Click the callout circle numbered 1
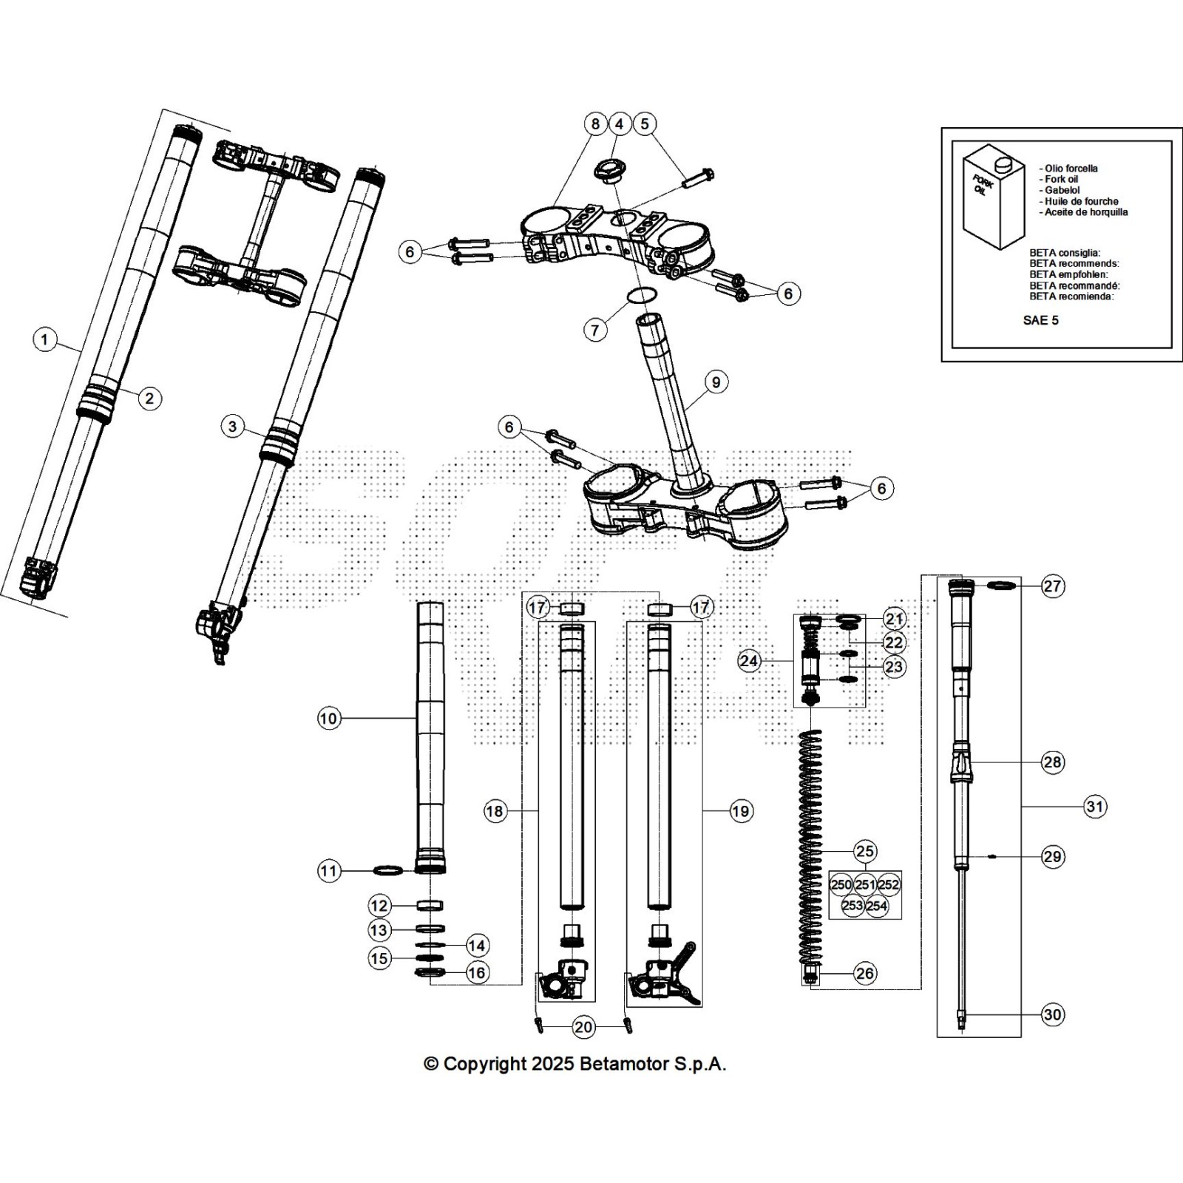coord(45,339)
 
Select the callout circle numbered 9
coord(715,382)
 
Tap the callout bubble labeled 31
coord(1095,806)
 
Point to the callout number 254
coord(877,906)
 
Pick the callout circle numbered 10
coord(329,718)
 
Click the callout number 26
coord(865,973)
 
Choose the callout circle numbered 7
coord(596,330)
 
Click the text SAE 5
coord(1040,320)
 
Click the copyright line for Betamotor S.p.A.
coord(574,1064)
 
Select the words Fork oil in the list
coord(1061,179)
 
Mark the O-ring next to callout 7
coord(642,296)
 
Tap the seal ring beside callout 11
coord(389,870)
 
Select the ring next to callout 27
coord(1001,586)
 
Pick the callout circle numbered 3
coord(233,426)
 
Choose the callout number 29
coord(1052,856)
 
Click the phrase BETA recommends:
coord(1074,263)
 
